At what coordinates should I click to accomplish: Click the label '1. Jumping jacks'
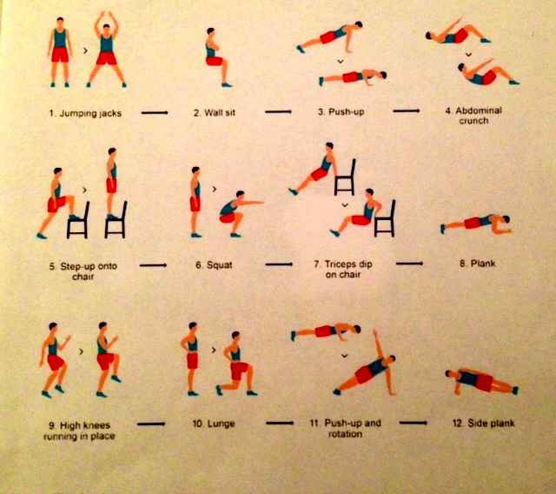tap(85, 113)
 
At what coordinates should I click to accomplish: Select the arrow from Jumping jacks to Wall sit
tap(155, 113)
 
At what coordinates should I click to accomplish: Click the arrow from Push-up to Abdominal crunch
tap(407, 111)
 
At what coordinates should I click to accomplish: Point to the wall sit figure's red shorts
tap(215, 61)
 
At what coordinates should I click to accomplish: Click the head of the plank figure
tap(506, 219)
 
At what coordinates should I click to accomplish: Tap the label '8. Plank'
tap(477, 264)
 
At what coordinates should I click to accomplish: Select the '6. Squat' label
tap(214, 264)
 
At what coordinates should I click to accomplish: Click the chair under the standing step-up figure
tap(116, 220)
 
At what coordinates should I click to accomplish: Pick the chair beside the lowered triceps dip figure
tap(385, 218)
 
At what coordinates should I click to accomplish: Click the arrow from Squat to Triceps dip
tap(279, 264)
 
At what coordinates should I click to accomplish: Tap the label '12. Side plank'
tap(484, 423)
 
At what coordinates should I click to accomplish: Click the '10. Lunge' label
tap(214, 424)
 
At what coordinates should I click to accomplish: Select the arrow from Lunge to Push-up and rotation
tap(280, 423)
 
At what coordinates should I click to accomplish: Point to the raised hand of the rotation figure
tap(374, 332)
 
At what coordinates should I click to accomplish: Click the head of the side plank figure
tap(449, 374)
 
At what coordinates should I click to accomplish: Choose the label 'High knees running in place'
tap(79, 431)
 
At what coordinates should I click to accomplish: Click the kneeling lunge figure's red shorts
tap(239, 370)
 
